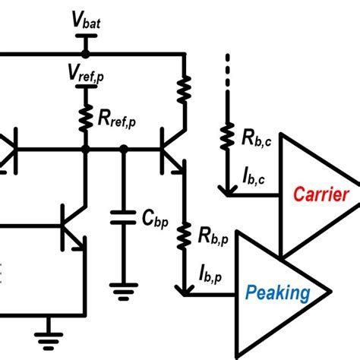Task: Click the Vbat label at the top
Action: point(87,21)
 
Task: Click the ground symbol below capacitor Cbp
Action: point(118,288)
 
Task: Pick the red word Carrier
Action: point(322,194)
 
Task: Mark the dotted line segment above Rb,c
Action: point(226,72)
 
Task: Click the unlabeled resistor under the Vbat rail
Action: point(183,90)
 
